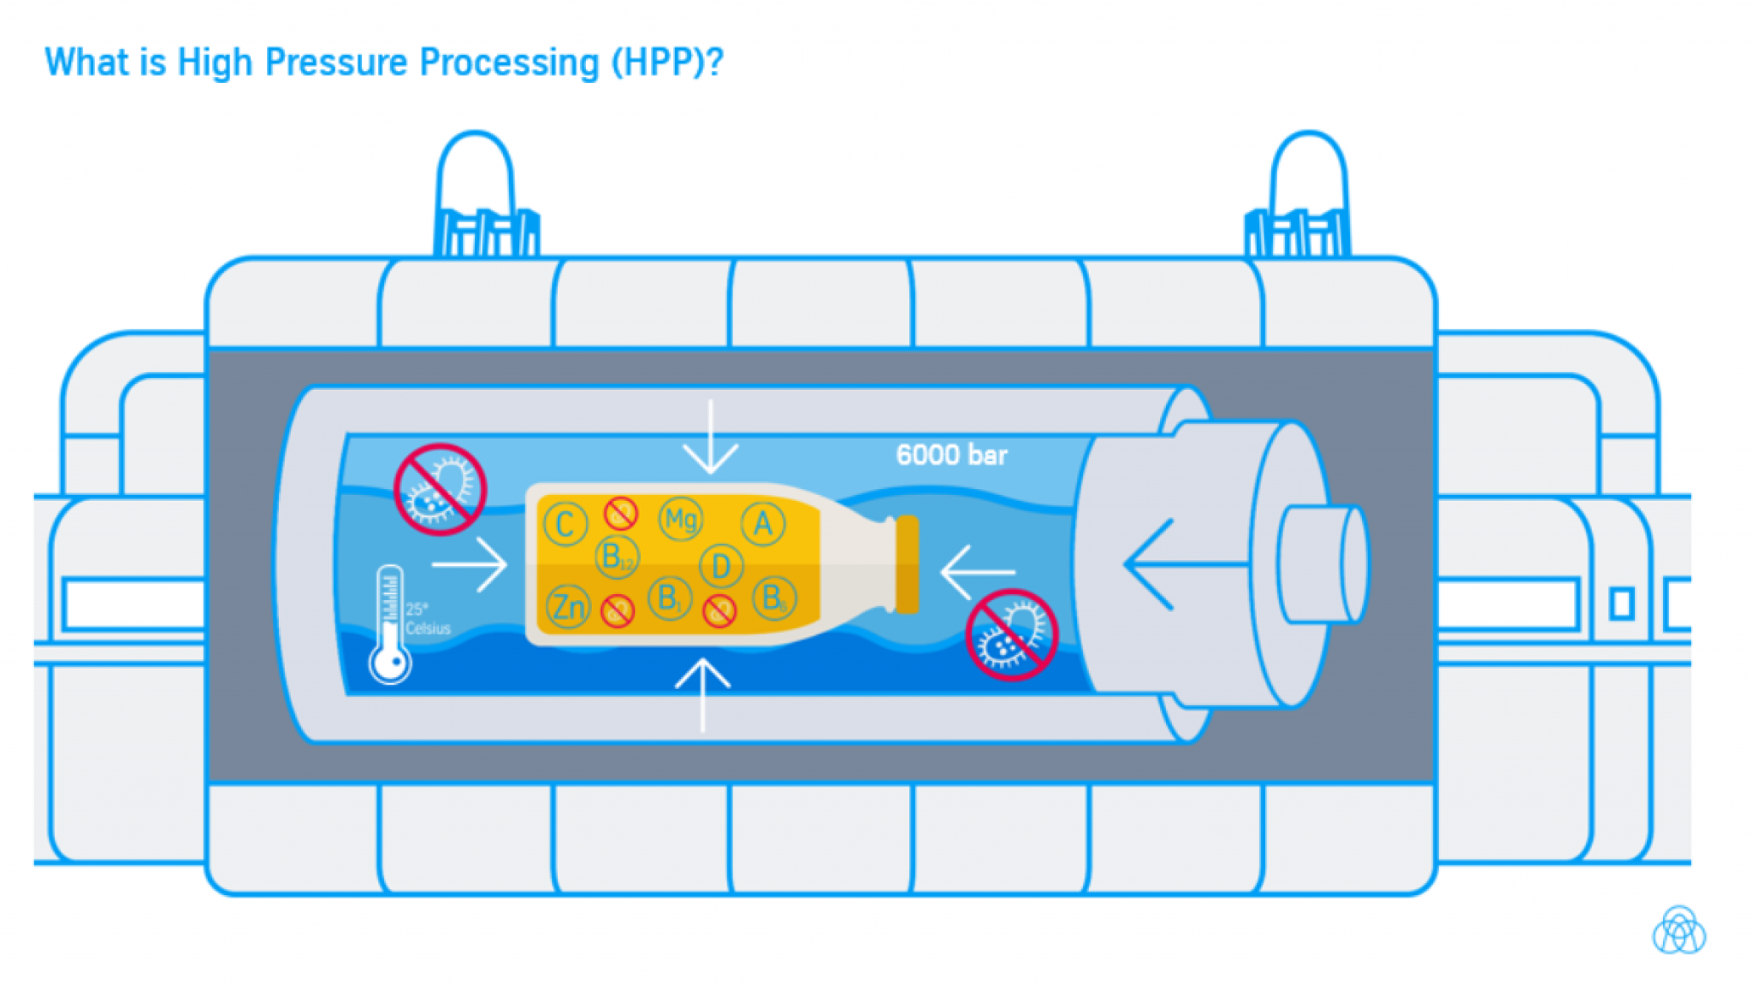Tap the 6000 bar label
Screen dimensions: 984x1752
(x=950, y=455)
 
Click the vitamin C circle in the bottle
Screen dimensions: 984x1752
(x=565, y=524)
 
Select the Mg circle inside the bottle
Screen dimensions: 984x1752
(x=681, y=519)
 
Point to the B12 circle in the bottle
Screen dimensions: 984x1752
(x=616, y=557)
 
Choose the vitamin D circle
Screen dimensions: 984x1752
(x=720, y=566)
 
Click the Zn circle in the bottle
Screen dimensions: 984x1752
(x=568, y=607)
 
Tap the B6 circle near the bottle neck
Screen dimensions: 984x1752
(x=773, y=598)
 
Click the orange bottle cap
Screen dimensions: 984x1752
(x=907, y=564)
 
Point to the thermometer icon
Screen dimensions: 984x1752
(x=390, y=624)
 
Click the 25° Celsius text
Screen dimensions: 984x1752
(x=427, y=619)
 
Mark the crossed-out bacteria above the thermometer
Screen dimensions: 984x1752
(x=440, y=489)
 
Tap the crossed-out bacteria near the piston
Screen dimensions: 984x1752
(x=1011, y=634)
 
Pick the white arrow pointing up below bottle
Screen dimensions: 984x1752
(x=702, y=692)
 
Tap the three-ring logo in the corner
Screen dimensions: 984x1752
(x=1678, y=931)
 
